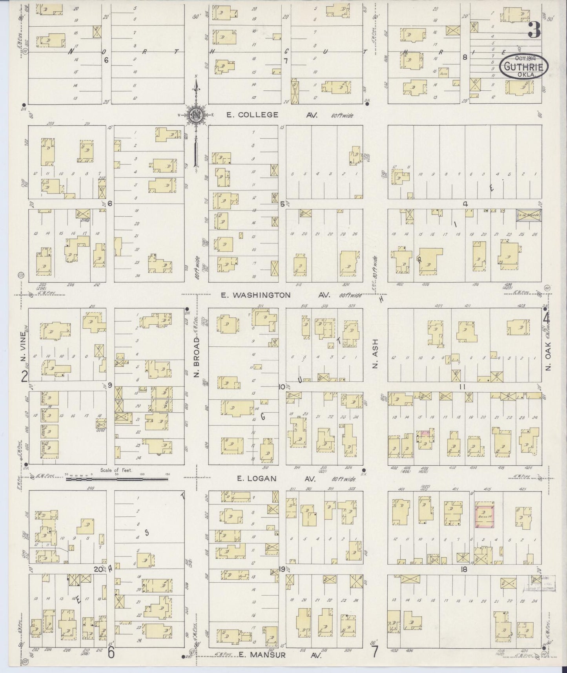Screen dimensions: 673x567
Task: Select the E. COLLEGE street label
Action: (x=253, y=115)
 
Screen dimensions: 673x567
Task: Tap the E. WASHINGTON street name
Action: (x=255, y=295)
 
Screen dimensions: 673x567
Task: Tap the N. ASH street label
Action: (x=375, y=359)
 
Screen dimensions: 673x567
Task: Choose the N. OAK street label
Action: (x=549, y=355)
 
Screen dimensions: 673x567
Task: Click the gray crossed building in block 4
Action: (x=529, y=215)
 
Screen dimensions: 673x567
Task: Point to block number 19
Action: (x=282, y=569)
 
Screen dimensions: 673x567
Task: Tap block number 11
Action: (x=463, y=387)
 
